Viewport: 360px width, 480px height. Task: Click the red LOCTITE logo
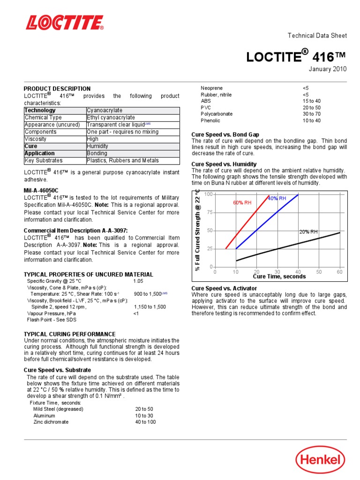(x=65, y=22)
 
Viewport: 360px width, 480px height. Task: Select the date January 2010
(x=327, y=69)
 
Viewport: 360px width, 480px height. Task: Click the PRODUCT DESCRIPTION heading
(x=57, y=89)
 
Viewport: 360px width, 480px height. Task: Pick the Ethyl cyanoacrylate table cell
(x=111, y=118)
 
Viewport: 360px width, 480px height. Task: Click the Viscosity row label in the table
(x=36, y=139)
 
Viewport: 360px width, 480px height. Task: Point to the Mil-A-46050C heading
(x=41, y=191)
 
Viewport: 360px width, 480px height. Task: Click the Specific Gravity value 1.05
(x=138, y=281)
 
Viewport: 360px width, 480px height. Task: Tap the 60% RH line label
(x=243, y=202)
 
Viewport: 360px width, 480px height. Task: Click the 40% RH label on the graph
(x=277, y=199)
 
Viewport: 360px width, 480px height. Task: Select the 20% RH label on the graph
(x=308, y=232)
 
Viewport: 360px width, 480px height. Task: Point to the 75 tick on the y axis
(x=210, y=212)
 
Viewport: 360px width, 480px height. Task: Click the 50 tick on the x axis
(x=319, y=272)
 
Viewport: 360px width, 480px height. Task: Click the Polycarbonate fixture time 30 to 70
(x=312, y=114)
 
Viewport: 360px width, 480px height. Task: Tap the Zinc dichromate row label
(x=50, y=422)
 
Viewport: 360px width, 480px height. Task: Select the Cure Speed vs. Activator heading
(x=224, y=288)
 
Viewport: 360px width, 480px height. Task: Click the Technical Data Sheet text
(x=317, y=36)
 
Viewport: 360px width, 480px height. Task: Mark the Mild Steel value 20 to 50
(x=144, y=409)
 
